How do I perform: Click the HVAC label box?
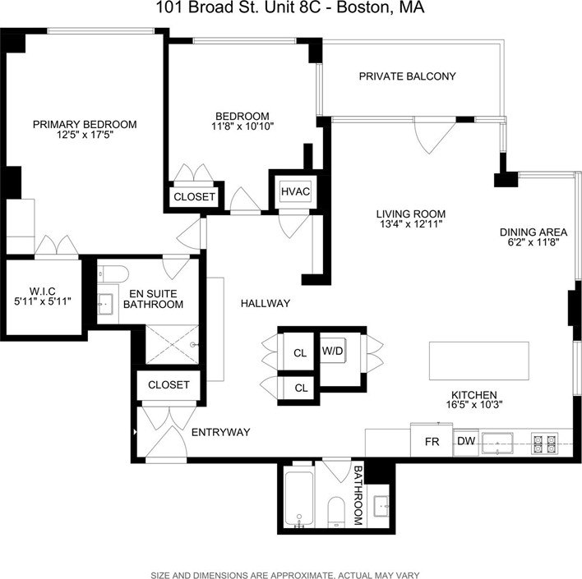[x=295, y=192]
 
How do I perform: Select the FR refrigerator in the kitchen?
[x=432, y=442]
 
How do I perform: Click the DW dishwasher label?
[x=465, y=442]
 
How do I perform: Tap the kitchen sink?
[x=497, y=443]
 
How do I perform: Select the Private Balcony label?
[x=407, y=76]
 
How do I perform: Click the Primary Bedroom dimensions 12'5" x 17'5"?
[x=84, y=136]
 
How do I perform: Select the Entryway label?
[x=220, y=432]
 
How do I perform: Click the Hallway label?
[x=266, y=304]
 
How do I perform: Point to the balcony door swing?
[x=429, y=136]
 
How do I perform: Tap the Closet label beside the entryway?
[x=169, y=384]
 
